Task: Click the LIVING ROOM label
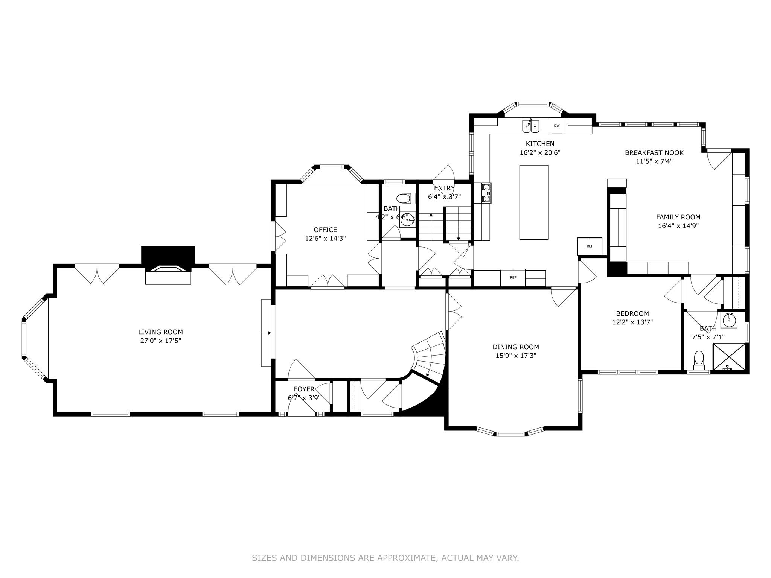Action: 160,332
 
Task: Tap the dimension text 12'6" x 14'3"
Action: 325,238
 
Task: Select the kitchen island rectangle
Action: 533,202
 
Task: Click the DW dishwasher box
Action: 556,126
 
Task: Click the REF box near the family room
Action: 590,246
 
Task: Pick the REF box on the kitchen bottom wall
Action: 513,277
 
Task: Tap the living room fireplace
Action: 168,271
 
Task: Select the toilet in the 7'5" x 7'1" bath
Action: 699,359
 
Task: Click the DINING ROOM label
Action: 516,347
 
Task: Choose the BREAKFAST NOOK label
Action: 654,153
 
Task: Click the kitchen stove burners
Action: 486,193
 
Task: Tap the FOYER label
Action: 304,389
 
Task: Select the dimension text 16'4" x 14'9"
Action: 678,226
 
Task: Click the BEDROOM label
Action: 632,313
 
